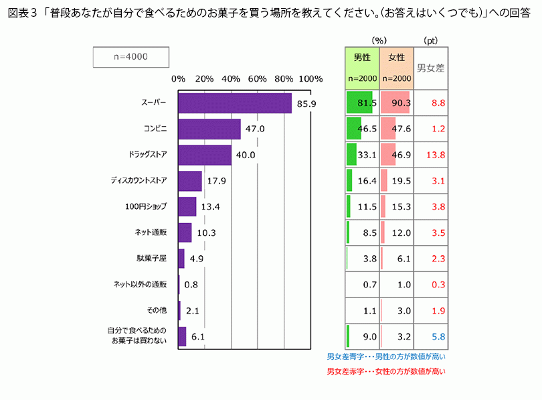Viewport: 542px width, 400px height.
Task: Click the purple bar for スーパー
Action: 234,103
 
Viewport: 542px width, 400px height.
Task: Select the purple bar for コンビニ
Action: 209,129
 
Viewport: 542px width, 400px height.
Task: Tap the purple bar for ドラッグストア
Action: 204,155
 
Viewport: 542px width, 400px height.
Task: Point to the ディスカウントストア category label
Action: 139,181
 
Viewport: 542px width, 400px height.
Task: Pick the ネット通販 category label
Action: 151,232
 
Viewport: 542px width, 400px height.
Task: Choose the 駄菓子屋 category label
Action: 152,258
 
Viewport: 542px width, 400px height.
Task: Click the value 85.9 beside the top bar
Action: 306,103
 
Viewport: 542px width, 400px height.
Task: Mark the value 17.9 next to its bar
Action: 213,181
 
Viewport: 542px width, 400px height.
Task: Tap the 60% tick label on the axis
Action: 258,79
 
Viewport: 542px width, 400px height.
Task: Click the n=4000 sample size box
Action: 130,57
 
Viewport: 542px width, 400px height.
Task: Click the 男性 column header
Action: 362,58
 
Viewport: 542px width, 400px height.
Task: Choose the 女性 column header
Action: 397,58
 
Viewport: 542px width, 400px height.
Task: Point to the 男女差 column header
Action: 431,67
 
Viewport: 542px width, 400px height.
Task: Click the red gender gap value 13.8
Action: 435,155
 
